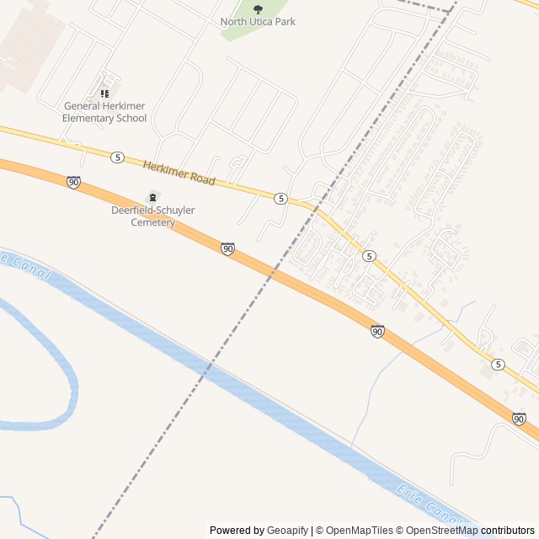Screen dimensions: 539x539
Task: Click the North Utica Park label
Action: click(x=258, y=21)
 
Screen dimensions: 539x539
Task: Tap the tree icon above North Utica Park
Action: click(x=258, y=9)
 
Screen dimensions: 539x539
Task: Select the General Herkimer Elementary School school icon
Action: click(x=105, y=93)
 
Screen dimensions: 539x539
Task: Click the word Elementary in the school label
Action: click(x=91, y=118)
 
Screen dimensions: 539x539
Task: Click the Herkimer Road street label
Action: click(x=179, y=173)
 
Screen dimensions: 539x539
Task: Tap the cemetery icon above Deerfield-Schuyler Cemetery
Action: click(x=152, y=196)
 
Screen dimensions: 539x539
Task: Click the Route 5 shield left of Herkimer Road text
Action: click(x=117, y=157)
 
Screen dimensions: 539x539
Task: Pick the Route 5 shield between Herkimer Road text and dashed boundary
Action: click(x=280, y=197)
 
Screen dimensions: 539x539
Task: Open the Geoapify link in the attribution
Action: click(x=287, y=531)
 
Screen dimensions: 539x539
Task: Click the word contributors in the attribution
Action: click(x=508, y=531)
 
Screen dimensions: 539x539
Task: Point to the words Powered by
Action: click(x=237, y=531)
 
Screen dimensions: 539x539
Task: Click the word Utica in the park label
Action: click(x=265, y=21)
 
